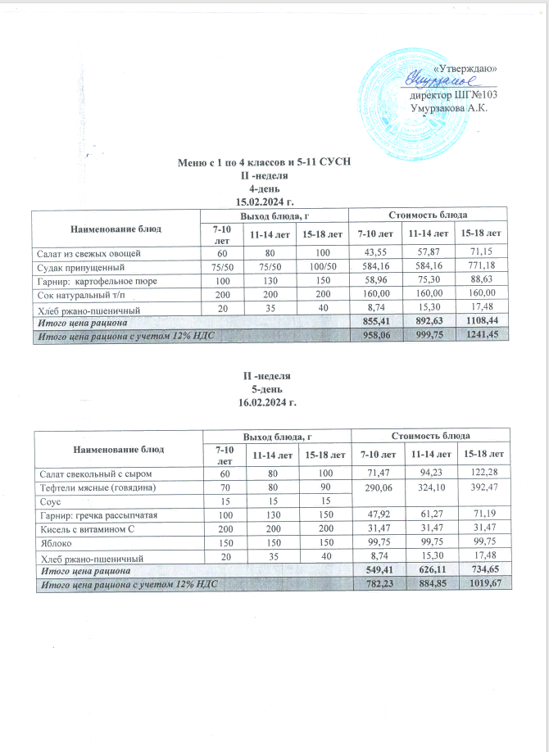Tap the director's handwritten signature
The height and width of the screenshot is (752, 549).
coord(440,80)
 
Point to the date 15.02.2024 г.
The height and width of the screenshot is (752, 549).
coord(265,200)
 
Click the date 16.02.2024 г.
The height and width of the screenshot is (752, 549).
coord(265,403)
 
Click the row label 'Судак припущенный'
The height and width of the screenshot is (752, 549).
coord(76,267)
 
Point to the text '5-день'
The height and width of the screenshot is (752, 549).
coord(265,389)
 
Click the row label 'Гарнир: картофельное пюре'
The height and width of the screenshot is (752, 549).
coord(92,281)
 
